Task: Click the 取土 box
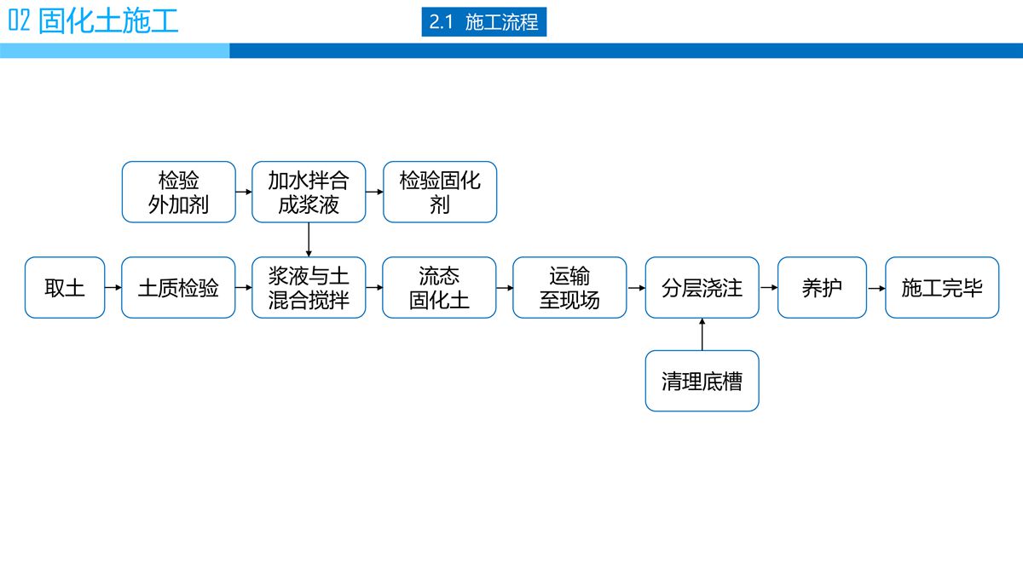pyautogui.click(x=65, y=288)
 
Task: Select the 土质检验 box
pyautogui.click(x=178, y=288)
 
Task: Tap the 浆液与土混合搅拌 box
pyautogui.click(x=309, y=288)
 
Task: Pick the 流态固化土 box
pyautogui.click(x=439, y=288)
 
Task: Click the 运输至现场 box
pyautogui.click(x=569, y=288)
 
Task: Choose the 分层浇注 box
pyautogui.click(x=702, y=288)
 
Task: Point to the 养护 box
pyautogui.click(x=822, y=288)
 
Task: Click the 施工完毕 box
pyautogui.click(x=942, y=288)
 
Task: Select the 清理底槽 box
pyautogui.click(x=702, y=381)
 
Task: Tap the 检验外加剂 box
pyautogui.click(x=178, y=193)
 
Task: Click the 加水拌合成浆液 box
pyautogui.click(x=309, y=193)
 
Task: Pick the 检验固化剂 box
pyautogui.click(x=439, y=193)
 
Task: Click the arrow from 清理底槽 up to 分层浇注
pyautogui.click(x=702, y=334)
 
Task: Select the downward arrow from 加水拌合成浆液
pyautogui.click(x=309, y=239)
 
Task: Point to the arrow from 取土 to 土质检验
pyautogui.click(x=113, y=288)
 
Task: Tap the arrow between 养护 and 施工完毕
pyautogui.click(x=876, y=288)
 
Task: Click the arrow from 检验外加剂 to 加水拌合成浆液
pyautogui.click(x=244, y=193)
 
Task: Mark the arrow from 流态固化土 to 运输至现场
pyautogui.click(x=505, y=288)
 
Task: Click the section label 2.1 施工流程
pyautogui.click(x=483, y=22)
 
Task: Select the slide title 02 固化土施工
pyautogui.click(x=94, y=20)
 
